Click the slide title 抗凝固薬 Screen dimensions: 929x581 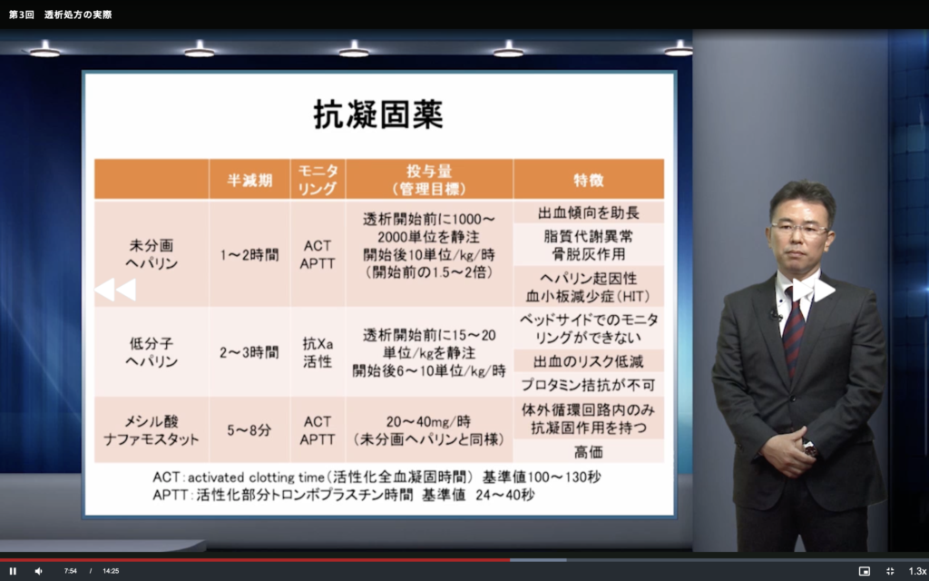pyautogui.click(x=378, y=114)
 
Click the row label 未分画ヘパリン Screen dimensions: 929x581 pyautogui.click(x=152, y=254)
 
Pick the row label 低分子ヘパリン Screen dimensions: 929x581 pyautogui.click(x=152, y=352)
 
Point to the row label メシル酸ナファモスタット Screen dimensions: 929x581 pyautogui.click(x=152, y=430)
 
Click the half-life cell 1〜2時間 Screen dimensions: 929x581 pyautogui.click(x=249, y=255)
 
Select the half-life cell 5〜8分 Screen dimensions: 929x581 pyautogui.click(x=249, y=430)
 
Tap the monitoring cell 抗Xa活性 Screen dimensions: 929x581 pyautogui.click(x=318, y=352)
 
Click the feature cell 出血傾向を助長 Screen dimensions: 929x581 pyautogui.click(x=588, y=212)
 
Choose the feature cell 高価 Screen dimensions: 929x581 pyautogui.click(x=588, y=452)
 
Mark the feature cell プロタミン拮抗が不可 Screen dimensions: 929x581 pyautogui.click(x=588, y=385)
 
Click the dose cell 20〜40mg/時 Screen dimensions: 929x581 pyautogui.click(x=428, y=421)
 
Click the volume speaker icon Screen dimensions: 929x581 pyautogui.click(x=38, y=571)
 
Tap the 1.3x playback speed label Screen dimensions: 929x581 pyautogui.click(x=918, y=571)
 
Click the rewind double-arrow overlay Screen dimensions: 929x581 pyautogui.click(x=115, y=290)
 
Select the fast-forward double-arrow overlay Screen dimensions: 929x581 pyautogui.click(x=814, y=290)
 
